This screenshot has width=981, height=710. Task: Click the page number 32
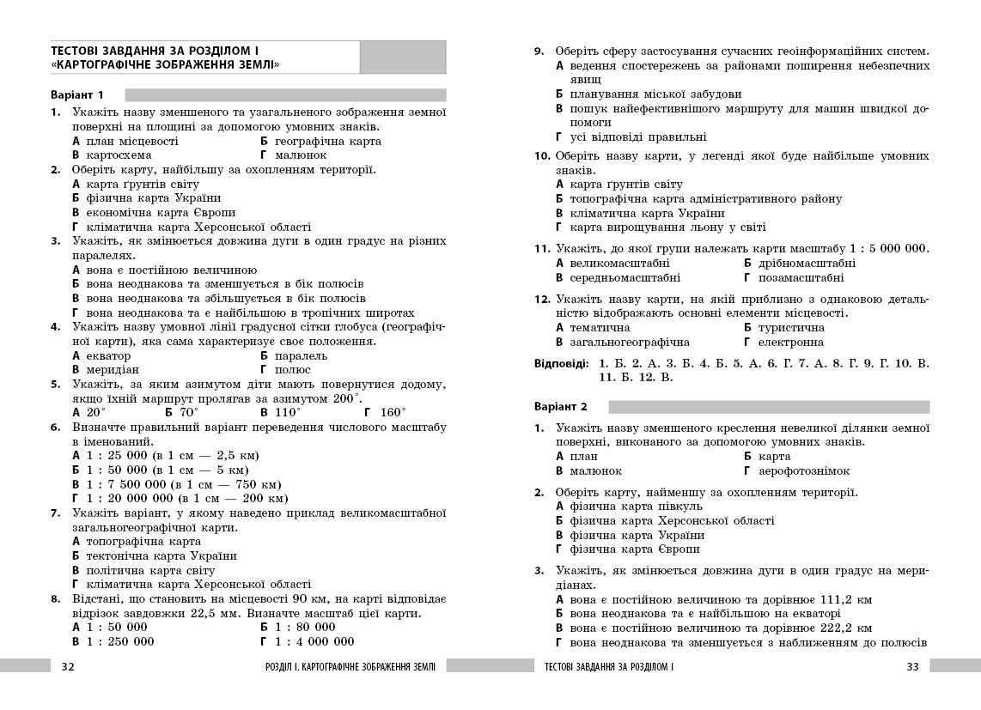click(x=69, y=666)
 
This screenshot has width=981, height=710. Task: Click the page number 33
click(x=912, y=666)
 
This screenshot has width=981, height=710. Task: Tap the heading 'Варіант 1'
click(x=77, y=94)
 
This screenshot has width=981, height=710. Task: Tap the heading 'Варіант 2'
click(x=561, y=406)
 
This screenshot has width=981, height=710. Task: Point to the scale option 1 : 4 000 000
click(x=314, y=641)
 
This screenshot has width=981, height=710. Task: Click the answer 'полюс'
click(x=293, y=370)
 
